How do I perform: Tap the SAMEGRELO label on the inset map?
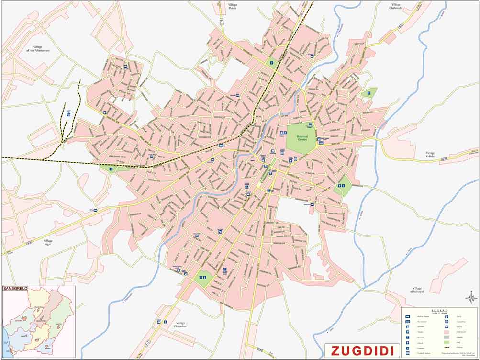(x=16, y=289)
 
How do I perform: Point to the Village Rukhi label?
(x=233, y=6)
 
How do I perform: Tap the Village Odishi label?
(x=431, y=155)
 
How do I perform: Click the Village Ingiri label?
(x=47, y=242)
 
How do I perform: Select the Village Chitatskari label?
(x=183, y=325)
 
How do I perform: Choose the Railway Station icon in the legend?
(x=407, y=317)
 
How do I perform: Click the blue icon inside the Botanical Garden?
(x=310, y=126)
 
